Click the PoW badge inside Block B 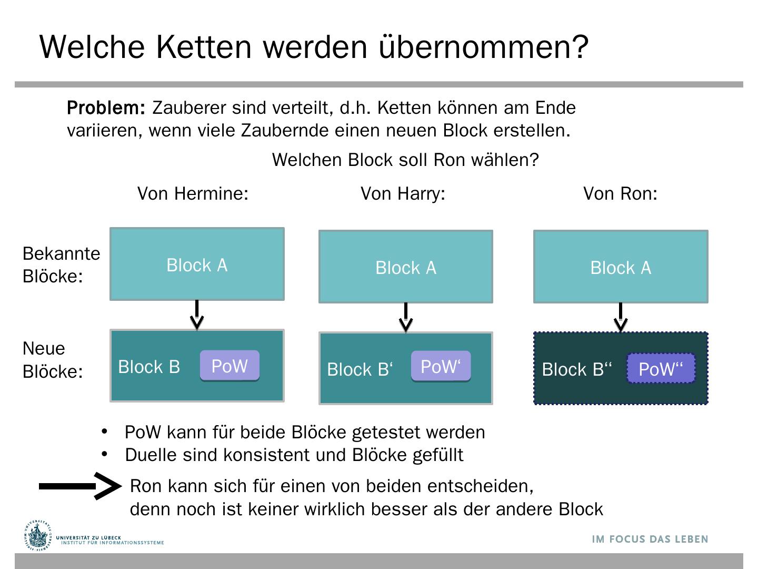(x=230, y=366)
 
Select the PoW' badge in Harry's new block (x=441, y=366)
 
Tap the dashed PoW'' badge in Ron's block (x=661, y=369)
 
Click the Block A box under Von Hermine (x=197, y=264)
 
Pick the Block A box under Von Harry (x=406, y=267)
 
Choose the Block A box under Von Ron (x=621, y=267)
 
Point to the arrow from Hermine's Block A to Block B (x=197, y=315)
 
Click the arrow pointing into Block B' (x=406, y=317)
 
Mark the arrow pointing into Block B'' (x=621, y=317)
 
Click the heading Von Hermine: (x=193, y=194)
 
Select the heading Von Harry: (x=403, y=194)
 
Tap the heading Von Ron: (x=620, y=194)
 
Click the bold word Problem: (x=106, y=108)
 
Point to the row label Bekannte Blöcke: (x=61, y=264)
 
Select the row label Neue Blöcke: (x=53, y=360)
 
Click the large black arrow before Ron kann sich (x=80, y=486)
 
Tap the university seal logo (x=38, y=536)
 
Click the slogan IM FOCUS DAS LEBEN (x=650, y=539)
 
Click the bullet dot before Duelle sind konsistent (x=104, y=454)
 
